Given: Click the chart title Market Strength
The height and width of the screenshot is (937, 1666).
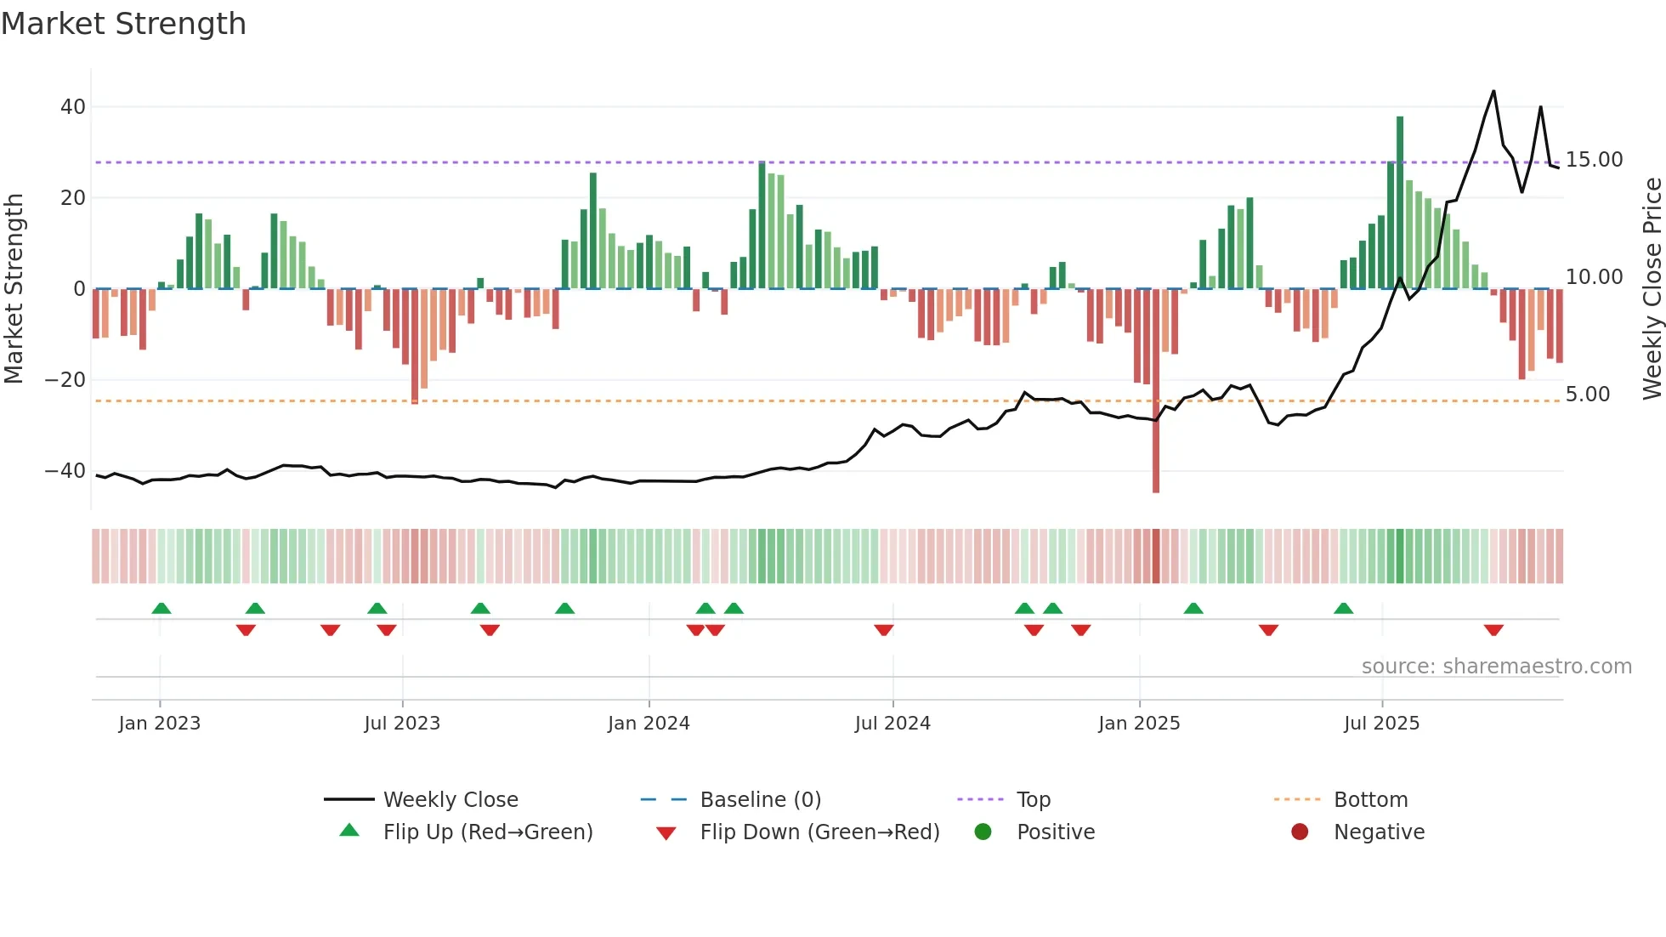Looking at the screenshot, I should [x=123, y=24].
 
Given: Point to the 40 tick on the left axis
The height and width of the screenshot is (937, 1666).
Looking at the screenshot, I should [x=73, y=107].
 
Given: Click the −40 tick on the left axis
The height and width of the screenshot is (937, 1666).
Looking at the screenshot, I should [x=65, y=471].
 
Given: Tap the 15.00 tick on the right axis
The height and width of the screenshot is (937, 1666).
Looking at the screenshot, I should [x=1594, y=160].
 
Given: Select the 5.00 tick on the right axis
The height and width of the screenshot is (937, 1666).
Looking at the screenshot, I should [x=1587, y=395].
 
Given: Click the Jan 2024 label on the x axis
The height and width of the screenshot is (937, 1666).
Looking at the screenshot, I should [x=649, y=724].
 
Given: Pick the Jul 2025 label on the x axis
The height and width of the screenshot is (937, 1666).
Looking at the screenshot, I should [x=1381, y=724].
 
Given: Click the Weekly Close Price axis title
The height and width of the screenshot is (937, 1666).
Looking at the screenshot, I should [x=1652, y=289].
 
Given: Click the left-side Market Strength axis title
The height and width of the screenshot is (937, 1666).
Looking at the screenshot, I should [x=14, y=289].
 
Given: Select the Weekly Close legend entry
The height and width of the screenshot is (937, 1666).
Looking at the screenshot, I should [x=450, y=800].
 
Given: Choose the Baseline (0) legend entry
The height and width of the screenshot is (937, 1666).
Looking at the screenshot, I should [x=760, y=800].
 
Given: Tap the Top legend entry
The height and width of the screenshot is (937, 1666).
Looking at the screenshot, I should [x=1033, y=800].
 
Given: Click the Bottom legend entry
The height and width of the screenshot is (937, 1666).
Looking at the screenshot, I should [x=1370, y=800].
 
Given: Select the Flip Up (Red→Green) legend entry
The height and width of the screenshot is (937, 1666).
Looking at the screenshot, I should [x=487, y=832].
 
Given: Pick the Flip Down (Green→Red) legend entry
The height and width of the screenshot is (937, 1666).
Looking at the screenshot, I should [x=819, y=832].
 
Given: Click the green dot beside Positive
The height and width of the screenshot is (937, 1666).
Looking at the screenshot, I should [x=983, y=832].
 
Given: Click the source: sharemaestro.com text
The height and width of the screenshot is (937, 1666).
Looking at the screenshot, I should [x=1496, y=667].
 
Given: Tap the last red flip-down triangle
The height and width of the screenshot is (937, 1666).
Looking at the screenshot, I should [x=1493, y=630].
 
